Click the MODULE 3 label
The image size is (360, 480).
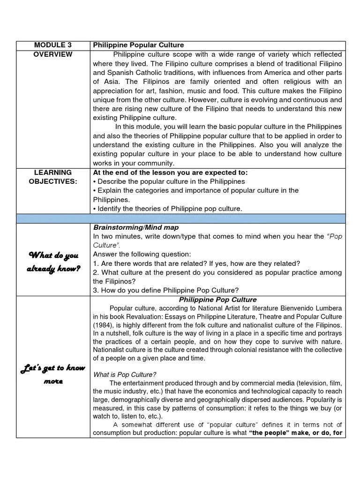(53, 45)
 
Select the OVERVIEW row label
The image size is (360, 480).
(53, 54)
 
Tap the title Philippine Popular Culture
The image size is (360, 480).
(138, 45)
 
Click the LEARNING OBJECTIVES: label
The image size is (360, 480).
(53, 177)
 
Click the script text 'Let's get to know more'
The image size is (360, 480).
(53, 375)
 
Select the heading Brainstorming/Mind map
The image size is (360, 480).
(136, 227)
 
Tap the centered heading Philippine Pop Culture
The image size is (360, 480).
(217, 300)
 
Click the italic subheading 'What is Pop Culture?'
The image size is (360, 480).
(125, 375)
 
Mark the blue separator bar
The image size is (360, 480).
(180, 218)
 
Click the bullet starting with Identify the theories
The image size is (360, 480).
(167, 209)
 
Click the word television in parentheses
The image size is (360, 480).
(280, 383)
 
